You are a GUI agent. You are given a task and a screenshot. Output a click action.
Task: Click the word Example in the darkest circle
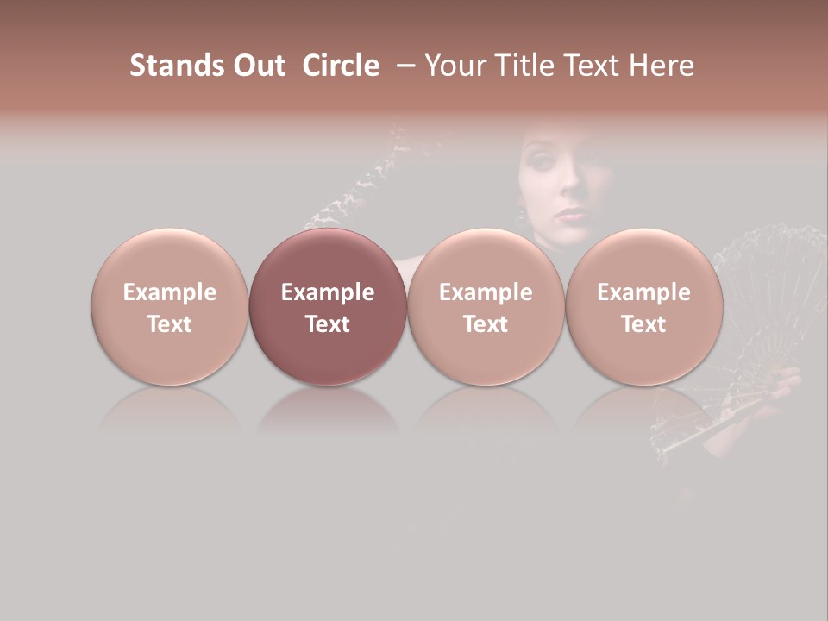(328, 292)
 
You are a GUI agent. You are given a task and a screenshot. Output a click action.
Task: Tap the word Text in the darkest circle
(328, 324)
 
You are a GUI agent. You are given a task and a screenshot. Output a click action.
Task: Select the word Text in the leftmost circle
(169, 324)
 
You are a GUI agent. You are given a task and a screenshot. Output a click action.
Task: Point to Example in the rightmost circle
(643, 292)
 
